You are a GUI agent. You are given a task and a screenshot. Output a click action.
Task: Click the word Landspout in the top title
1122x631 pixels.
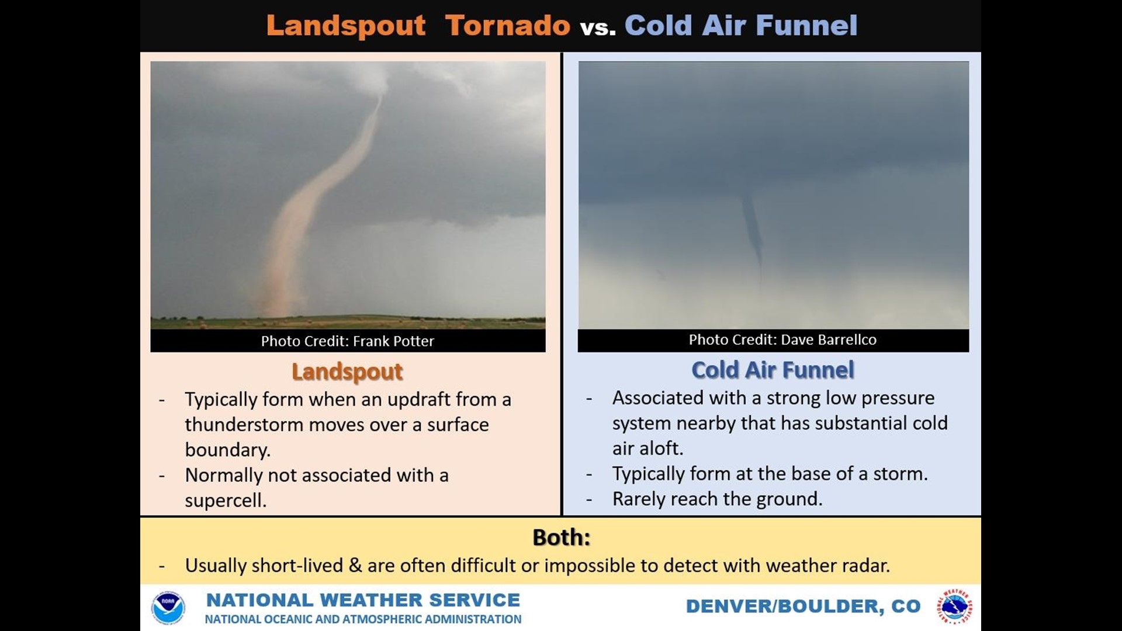pyautogui.click(x=346, y=26)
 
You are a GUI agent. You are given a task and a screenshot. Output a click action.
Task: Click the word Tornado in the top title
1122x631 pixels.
pyautogui.click(x=507, y=26)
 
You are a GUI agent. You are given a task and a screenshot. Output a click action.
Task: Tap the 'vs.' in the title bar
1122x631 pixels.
pyautogui.click(x=598, y=27)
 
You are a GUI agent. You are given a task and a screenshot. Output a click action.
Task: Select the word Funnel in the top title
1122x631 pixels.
pyautogui.click(x=806, y=26)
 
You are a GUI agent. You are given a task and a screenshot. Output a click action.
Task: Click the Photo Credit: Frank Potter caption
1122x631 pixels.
pyautogui.click(x=348, y=341)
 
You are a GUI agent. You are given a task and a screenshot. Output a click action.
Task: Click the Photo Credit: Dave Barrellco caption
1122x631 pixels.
pyautogui.click(x=782, y=340)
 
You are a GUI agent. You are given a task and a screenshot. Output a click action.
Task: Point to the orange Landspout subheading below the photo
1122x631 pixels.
pyautogui.click(x=347, y=372)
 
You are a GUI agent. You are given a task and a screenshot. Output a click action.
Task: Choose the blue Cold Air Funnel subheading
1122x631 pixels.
pyautogui.click(x=773, y=370)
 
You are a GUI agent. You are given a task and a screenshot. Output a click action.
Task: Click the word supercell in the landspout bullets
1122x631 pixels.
pyautogui.click(x=225, y=501)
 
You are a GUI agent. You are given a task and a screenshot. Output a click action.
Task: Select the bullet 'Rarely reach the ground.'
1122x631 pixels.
pyautogui.click(x=717, y=499)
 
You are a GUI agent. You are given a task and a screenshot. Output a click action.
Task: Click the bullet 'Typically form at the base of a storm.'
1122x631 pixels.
pyautogui.click(x=770, y=474)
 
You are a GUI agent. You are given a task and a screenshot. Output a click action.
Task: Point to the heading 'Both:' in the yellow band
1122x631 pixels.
pyautogui.click(x=561, y=538)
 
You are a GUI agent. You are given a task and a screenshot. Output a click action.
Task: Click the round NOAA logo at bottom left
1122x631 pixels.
pyautogui.click(x=168, y=608)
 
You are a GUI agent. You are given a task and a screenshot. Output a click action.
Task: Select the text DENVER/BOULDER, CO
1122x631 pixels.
pyautogui.click(x=803, y=606)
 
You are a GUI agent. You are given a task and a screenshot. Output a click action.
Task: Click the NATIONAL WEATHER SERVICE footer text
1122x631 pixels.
pyautogui.click(x=363, y=600)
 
